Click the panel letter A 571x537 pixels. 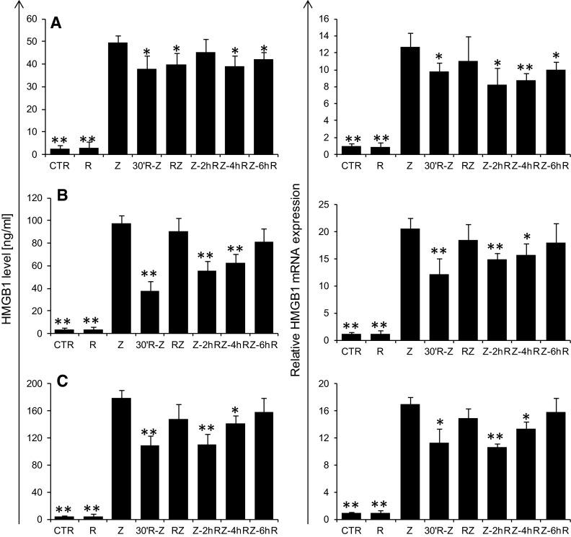tap(56, 24)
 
